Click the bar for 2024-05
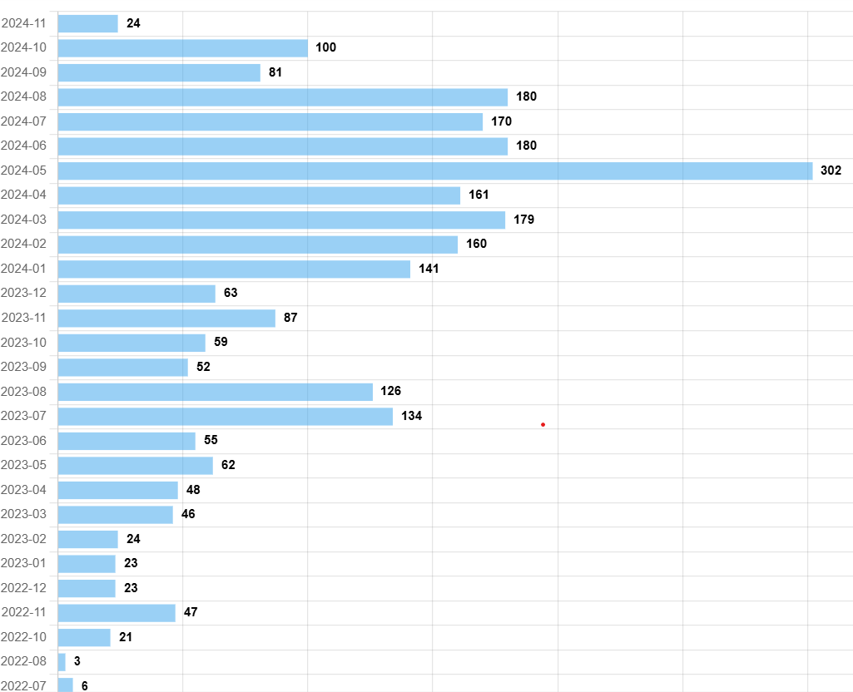click(x=434, y=171)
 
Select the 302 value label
click(x=831, y=171)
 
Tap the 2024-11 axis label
click(x=24, y=23)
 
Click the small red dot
click(x=543, y=425)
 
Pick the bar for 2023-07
click(x=225, y=416)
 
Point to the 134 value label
click(x=411, y=416)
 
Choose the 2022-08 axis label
click(x=24, y=662)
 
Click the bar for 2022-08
click(x=62, y=662)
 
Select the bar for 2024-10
click(x=182, y=47)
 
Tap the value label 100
click(x=325, y=47)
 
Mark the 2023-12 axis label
click(x=24, y=293)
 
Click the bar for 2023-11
click(x=166, y=318)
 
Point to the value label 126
click(x=391, y=391)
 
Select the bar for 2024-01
click(x=234, y=269)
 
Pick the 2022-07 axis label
click(x=24, y=685)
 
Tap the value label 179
click(x=523, y=220)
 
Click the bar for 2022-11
click(x=117, y=613)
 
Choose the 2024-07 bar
click(x=270, y=121)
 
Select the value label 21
click(x=126, y=637)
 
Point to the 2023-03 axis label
click(x=24, y=514)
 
